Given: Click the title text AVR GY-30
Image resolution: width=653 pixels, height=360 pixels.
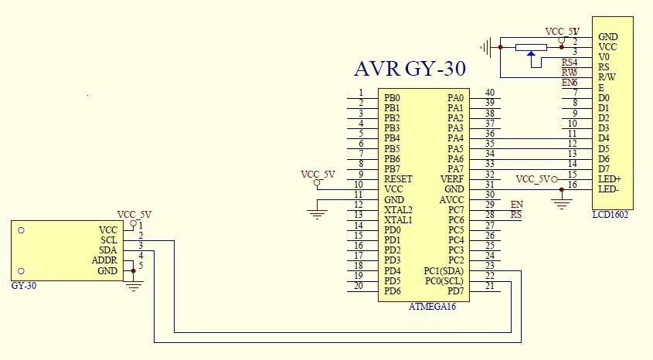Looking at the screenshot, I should pyautogui.click(x=410, y=69).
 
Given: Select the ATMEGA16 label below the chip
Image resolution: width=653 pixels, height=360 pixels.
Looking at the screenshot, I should pyautogui.click(x=432, y=307).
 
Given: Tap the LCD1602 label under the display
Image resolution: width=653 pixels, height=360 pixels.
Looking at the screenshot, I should pyautogui.click(x=610, y=215).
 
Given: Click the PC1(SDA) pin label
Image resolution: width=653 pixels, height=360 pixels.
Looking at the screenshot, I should pyautogui.click(x=444, y=270).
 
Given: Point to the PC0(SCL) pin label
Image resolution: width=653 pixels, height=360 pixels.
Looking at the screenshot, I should pyautogui.click(x=444, y=280).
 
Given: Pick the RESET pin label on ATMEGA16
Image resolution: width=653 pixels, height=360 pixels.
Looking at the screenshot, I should pyautogui.click(x=398, y=179).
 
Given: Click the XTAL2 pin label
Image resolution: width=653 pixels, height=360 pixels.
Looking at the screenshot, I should pyautogui.click(x=398, y=209).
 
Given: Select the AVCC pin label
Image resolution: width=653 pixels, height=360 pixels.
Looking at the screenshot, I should pyautogui.click(x=451, y=199).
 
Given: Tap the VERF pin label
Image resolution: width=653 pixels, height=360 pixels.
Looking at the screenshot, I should pyautogui.click(x=452, y=179).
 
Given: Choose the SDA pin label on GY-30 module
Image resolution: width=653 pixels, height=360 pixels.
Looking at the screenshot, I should pyautogui.click(x=107, y=250).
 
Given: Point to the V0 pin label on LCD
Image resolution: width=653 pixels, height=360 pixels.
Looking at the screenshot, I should pyautogui.click(x=604, y=57).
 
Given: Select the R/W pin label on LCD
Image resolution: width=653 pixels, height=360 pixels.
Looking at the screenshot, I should pyautogui.click(x=607, y=77).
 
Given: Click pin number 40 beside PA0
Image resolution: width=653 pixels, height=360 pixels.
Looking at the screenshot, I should pyautogui.click(x=489, y=93).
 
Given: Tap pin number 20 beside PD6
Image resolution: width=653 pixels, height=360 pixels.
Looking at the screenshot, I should pyautogui.click(x=359, y=285).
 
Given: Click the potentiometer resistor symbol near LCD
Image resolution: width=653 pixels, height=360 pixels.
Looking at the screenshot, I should pyautogui.click(x=531, y=47).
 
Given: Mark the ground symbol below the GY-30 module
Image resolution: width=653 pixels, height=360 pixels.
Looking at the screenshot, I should pyautogui.click(x=134, y=286).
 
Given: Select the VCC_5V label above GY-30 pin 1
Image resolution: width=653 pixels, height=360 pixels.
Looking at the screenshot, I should pyautogui.click(x=134, y=215).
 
